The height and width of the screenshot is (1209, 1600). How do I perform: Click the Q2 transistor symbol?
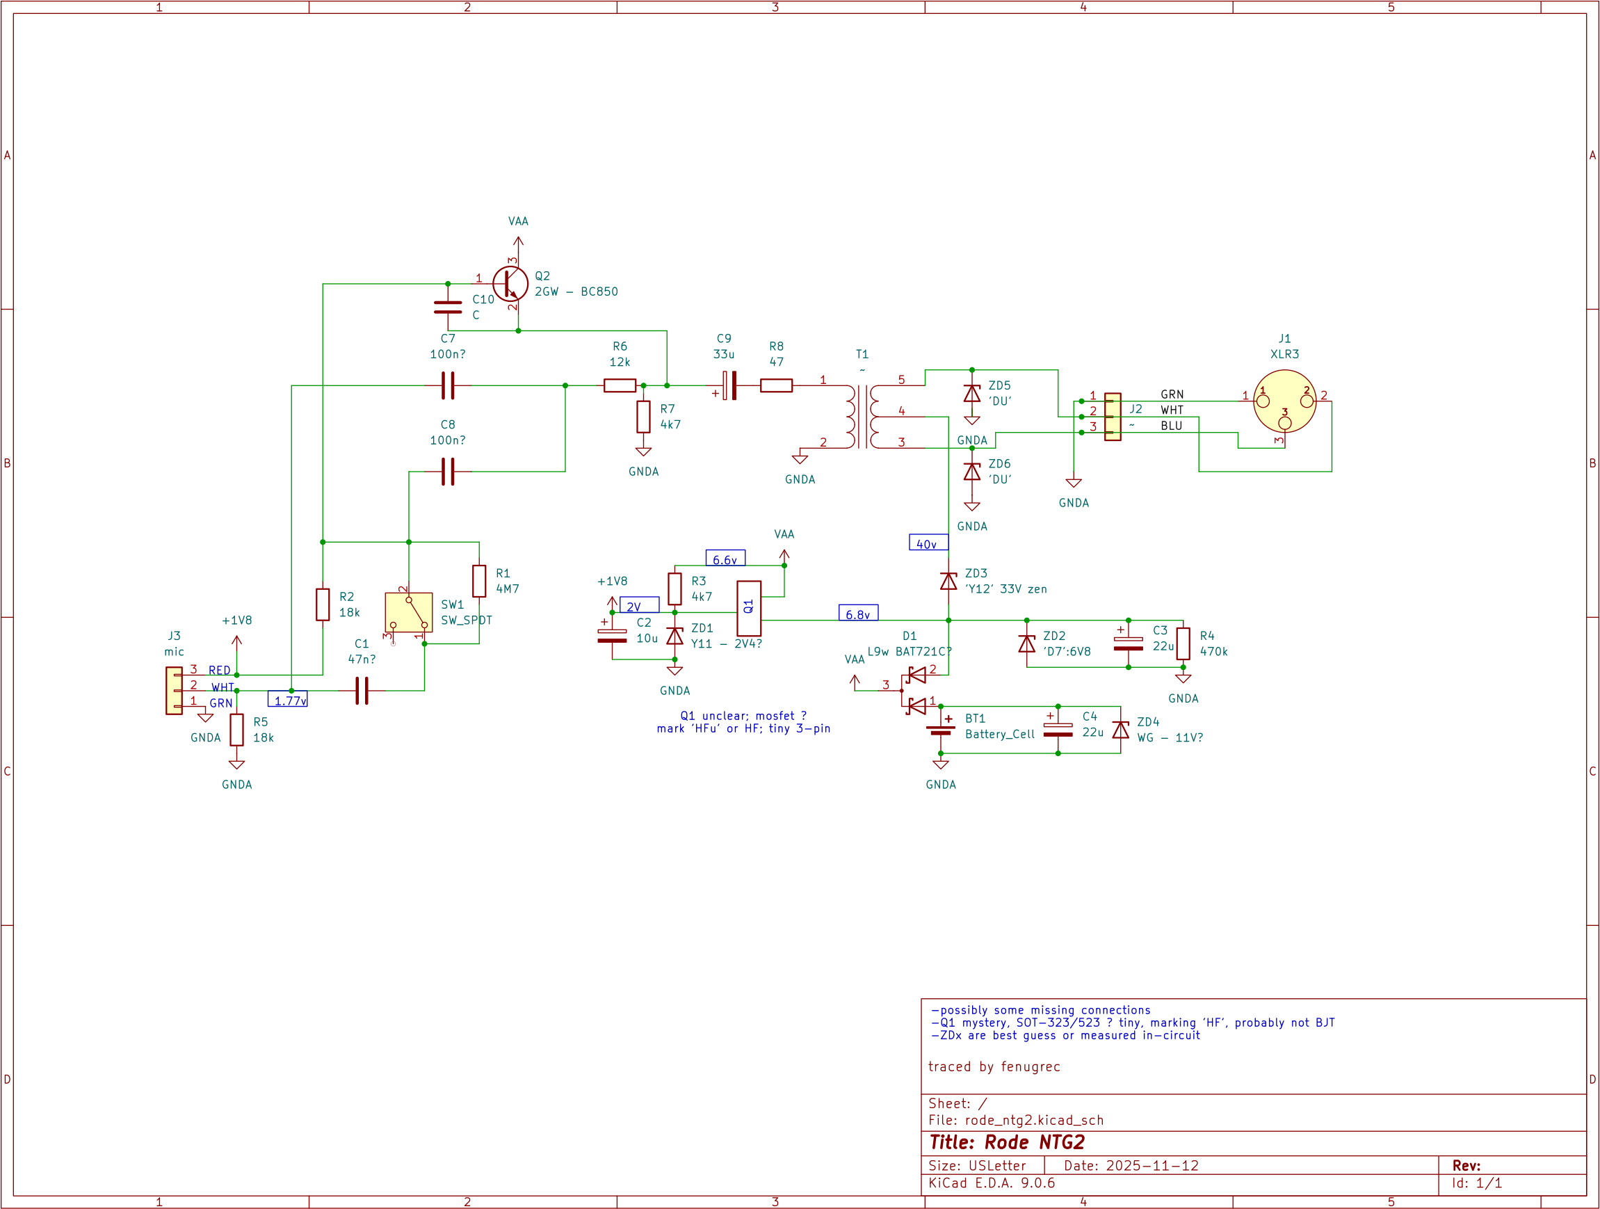[x=510, y=284]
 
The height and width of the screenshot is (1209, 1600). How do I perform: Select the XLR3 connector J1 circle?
[x=1284, y=401]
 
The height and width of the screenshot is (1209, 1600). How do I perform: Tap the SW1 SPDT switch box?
[x=409, y=612]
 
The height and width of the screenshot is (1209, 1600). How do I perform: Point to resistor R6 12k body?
[x=620, y=385]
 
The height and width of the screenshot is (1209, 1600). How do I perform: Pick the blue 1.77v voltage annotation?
[x=288, y=700]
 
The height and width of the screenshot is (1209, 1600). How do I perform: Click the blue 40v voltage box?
[x=928, y=543]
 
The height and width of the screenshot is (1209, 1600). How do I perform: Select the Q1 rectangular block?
[x=749, y=608]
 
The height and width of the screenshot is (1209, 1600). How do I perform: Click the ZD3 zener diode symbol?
[x=948, y=581]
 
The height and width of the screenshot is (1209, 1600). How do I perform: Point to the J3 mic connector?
[x=175, y=690]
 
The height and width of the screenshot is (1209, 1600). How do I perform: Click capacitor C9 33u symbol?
[x=730, y=385]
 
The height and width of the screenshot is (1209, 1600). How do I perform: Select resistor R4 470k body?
[x=1183, y=643]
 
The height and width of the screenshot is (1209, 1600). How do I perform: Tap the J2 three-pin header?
[x=1113, y=417]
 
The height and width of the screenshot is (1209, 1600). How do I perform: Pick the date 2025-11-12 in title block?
[x=1151, y=1166]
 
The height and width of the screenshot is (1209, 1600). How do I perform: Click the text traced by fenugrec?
[x=994, y=1066]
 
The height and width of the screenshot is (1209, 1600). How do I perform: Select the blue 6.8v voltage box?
[x=858, y=613]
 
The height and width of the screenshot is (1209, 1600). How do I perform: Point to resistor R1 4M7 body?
[x=479, y=581]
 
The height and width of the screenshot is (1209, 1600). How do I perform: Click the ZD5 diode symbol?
[x=971, y=394]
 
